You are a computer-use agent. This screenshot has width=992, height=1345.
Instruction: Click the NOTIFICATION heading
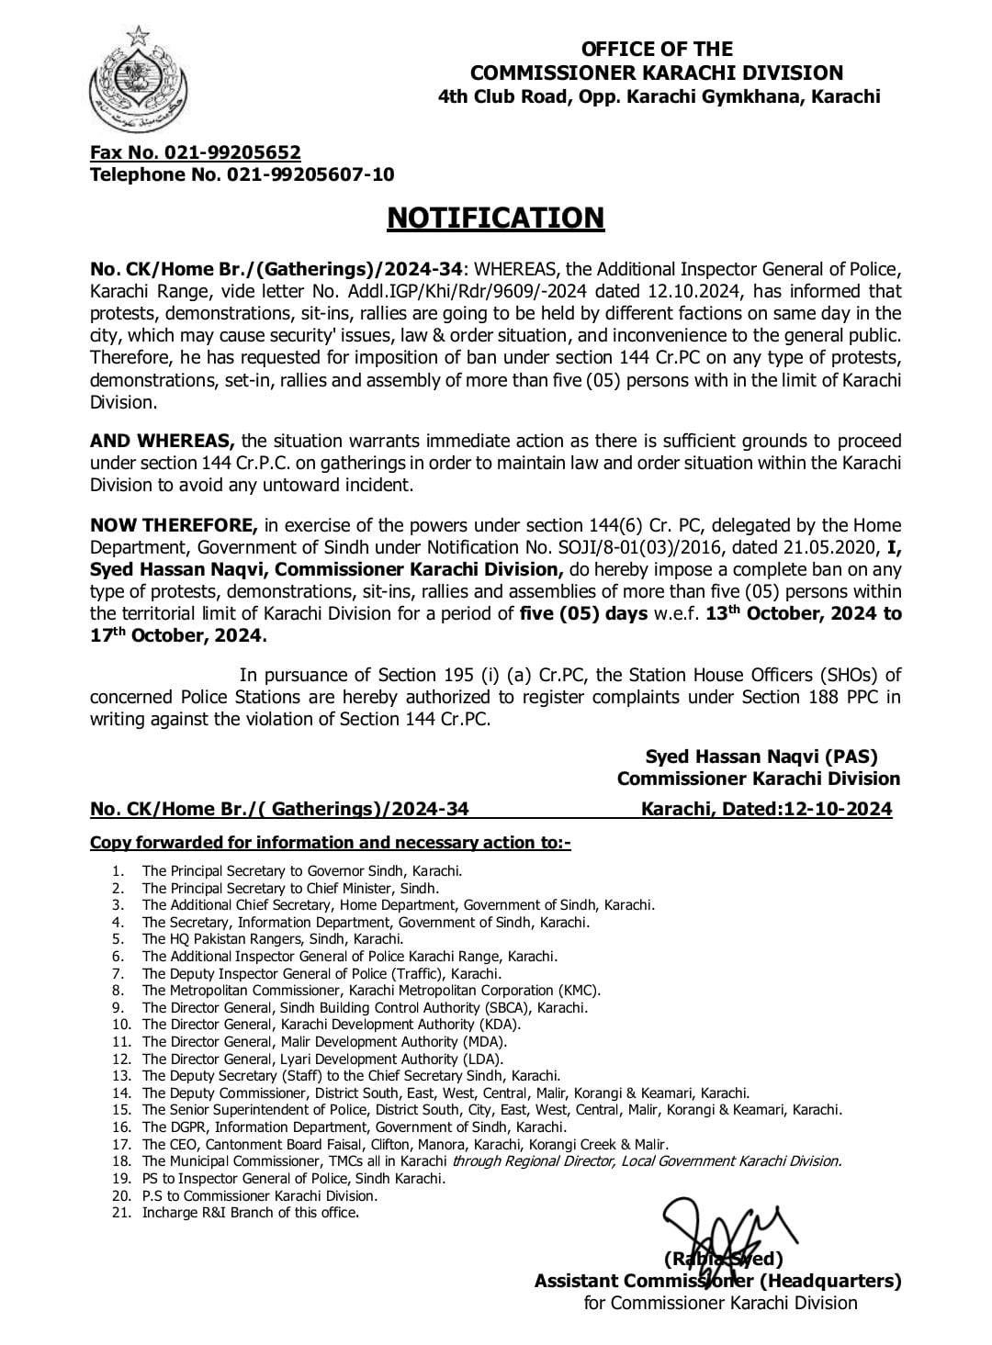[x=496, y=218]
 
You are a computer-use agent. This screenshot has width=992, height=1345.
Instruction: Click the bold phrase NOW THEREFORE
[x=174, y=525]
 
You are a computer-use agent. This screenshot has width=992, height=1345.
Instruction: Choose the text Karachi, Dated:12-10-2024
[x=765, y=809]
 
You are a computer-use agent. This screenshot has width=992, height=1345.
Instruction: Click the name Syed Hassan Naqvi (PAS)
[x=761, y=757]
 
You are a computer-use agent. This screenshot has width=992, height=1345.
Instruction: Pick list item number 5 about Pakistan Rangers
[x=272, y=938]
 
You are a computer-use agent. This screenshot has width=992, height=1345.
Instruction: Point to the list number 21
[x=118, y=1213]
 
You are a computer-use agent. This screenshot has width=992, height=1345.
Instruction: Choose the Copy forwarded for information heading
[x=330, y=843]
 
